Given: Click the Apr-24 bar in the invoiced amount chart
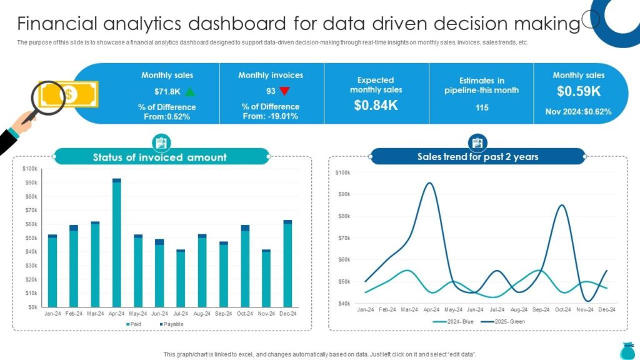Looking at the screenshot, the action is pos(117,242).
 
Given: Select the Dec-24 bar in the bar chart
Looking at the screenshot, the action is pos(287,264).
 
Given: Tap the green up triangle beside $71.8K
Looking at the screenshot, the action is pos(190,91).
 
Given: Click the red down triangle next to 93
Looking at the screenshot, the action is pos(284,91).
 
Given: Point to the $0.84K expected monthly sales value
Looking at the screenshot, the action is pos(376,105).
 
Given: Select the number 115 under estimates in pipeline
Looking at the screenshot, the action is pos(482,107).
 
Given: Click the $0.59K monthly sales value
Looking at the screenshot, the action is pos(579,91).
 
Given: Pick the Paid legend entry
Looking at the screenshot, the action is pos(134,324).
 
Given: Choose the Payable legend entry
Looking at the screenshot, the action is pos(171,324).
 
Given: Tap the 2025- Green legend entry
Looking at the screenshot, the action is pos(503,322).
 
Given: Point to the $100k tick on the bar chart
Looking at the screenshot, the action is pos(30,169).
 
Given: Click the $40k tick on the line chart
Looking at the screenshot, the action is pos(343,304).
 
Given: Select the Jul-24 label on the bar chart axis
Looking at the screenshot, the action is pos(181,314).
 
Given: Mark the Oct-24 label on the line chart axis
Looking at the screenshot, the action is pos(563,310).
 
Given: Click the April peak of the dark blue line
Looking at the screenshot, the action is pos(429,183).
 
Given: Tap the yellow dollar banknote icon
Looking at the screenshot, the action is pos(69,94).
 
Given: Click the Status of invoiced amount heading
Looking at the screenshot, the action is pos(159,157).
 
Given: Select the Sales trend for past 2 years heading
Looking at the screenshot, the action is pos(477,157).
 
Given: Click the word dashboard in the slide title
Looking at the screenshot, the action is pos(237,23).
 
